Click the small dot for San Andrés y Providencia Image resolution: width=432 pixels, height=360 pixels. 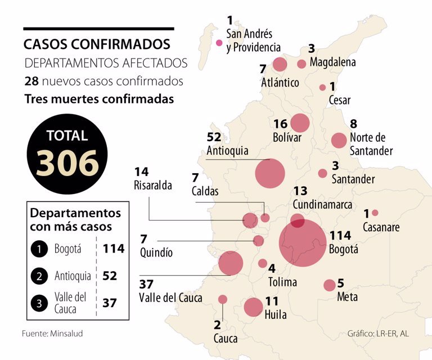(x=219, y=43)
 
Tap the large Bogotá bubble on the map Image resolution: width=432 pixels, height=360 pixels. (x=303, y=242)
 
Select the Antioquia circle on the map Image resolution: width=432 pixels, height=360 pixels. (x=270, y=173)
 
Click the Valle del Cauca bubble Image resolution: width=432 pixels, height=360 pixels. (x=230, y=263)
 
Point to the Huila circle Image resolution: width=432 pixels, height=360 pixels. (x=253, y=307)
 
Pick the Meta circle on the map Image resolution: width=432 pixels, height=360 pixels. (x=330, y=285)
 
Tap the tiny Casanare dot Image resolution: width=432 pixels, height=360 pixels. (x=375, y=213)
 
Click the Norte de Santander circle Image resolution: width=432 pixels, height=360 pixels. (x=339, y=140)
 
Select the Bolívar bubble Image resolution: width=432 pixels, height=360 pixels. (x=300, y=123)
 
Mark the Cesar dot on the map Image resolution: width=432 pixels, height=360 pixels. (x=322, y=87)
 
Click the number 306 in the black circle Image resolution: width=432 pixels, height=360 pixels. (x=67, y=163)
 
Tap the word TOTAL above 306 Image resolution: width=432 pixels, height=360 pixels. (x=67, y=136)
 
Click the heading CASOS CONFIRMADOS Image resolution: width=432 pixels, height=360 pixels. (x=97, y=44)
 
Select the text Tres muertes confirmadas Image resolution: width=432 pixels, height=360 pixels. (x=99, y=99)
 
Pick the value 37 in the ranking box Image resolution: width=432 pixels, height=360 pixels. (x=109, y=302)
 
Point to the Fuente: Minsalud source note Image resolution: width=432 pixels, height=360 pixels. (x=52, y=334)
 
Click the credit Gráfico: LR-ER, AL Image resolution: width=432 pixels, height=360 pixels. (x=378, y=334)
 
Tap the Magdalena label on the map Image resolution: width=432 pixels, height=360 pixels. (x=332, y=62)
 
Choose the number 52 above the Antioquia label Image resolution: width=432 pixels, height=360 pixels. (x=214, y=137)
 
